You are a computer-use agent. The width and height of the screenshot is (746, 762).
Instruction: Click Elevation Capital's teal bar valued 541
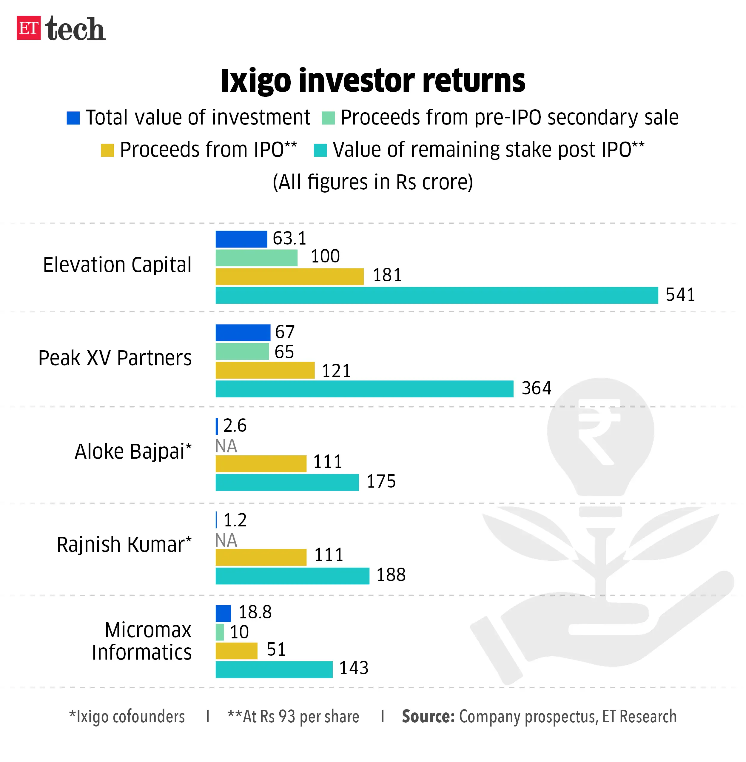[437, 295]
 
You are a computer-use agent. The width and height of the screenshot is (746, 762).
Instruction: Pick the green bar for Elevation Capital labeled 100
[256, 258]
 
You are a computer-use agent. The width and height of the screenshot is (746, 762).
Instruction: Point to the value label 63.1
[289, 238]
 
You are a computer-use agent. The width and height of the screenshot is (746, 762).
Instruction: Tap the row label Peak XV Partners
[115, 358]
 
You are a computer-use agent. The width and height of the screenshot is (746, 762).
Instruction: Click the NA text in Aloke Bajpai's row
[226, 446]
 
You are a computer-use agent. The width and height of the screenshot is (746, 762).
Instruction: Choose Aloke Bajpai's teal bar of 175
[287, 482]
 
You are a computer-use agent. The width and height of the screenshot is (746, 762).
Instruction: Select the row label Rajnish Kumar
[124, 544]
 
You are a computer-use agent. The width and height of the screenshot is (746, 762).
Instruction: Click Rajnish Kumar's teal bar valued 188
[292, 576]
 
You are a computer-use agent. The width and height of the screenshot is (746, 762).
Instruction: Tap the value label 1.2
[235, 520]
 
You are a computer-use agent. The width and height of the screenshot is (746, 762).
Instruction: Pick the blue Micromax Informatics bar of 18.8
[223, 613]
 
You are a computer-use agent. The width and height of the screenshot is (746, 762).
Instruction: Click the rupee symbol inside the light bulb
[598, 431]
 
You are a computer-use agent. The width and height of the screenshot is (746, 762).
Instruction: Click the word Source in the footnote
[428, 717]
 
